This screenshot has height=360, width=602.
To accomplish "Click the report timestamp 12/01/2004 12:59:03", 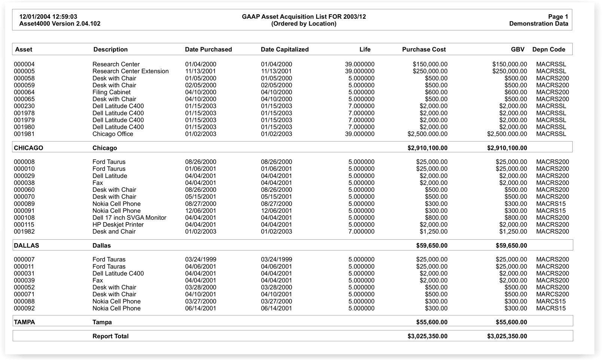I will click(48, 16).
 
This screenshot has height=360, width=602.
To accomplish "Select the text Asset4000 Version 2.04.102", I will click(60, 24).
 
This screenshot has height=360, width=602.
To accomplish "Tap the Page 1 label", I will click(558, 16).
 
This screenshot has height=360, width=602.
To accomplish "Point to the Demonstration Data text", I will click(538, 24).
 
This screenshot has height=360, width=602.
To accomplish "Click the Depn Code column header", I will click(548, 49).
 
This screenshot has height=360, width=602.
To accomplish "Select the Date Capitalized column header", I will click(285, 49).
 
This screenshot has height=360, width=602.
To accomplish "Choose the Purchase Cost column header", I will click(424, 49).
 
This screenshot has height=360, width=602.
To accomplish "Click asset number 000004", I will click(24, 64).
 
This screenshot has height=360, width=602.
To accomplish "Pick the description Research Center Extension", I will click(130, 71).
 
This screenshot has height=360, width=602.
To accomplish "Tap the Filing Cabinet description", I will click(112, 92).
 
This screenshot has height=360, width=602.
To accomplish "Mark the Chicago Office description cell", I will click(113, 134).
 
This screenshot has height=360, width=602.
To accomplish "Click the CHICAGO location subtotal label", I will click(28, 148).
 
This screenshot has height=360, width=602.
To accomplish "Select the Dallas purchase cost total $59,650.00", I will click(432, 246).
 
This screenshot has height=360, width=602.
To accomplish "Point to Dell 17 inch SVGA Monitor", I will click(129, 218).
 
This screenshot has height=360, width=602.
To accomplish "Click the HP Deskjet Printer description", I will click(118, 225).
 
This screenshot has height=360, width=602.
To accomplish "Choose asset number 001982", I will click(24, 232).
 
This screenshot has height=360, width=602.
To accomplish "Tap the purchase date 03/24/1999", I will click(200, 260).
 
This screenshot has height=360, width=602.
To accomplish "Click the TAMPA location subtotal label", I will click(24, 322).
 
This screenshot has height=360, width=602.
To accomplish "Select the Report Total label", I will click(110, 336).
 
